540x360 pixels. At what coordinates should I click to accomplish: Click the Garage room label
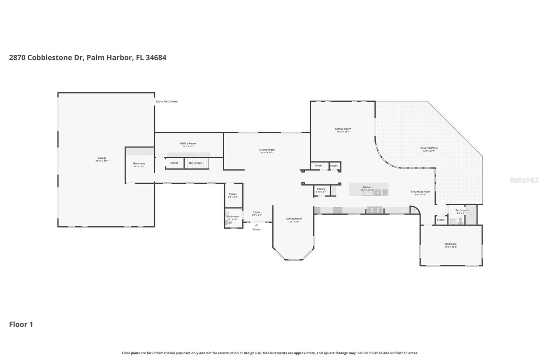(102, 158)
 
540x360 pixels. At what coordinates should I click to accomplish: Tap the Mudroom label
(139, 163)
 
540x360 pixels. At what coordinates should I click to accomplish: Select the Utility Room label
(188, 144)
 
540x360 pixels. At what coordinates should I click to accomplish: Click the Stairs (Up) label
(195, 163)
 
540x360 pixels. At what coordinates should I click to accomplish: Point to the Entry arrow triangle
(256, 225)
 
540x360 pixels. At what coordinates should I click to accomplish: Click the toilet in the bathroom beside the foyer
(229, 223)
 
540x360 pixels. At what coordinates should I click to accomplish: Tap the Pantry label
(321, 189)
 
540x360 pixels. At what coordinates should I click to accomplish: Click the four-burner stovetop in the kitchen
(375, 210)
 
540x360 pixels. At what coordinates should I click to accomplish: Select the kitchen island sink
(368, 193)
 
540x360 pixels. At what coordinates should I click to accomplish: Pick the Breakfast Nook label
(420, 192)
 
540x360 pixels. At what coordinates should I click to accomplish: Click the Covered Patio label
(429, 148)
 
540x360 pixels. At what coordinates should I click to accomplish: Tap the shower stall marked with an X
(471, 215)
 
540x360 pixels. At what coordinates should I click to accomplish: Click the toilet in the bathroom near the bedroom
(460, 221)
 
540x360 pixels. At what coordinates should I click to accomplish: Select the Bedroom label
(451, 244)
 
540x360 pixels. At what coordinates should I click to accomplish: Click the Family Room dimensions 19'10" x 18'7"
(343, 132)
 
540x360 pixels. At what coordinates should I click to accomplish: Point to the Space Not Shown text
(167, 101)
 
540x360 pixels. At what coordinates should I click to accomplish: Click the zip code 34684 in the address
(156, 57)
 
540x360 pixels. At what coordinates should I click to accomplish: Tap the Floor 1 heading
(21, 325)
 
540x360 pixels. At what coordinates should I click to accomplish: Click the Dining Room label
(294, 219)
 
